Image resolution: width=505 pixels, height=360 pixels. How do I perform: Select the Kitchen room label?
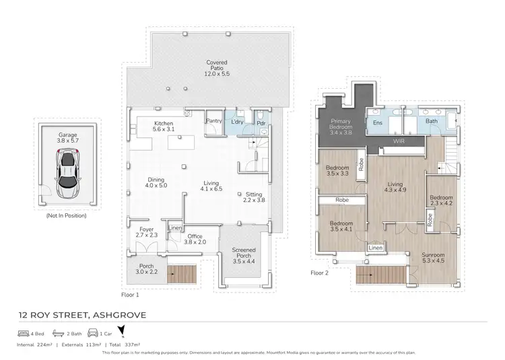[x=164, y=127]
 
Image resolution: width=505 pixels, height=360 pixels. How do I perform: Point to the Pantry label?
[x=214, y=122]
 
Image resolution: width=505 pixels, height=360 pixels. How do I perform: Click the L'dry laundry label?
[x=236, y=122]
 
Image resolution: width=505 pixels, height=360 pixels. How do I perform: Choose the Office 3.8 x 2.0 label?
[x=197, y=238]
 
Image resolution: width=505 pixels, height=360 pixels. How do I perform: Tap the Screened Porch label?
[x=244, y=253]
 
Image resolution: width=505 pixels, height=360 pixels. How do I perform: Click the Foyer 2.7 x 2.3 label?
[x=147, y=232]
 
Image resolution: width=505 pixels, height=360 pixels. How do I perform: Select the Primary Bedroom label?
[x=341, y=126]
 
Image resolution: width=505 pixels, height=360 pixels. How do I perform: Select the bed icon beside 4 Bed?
[x=22, y=332]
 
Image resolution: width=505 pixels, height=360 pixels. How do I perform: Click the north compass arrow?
[x=122, y=331]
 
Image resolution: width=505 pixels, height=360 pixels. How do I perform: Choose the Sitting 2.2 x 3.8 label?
[x=253, y=197]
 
